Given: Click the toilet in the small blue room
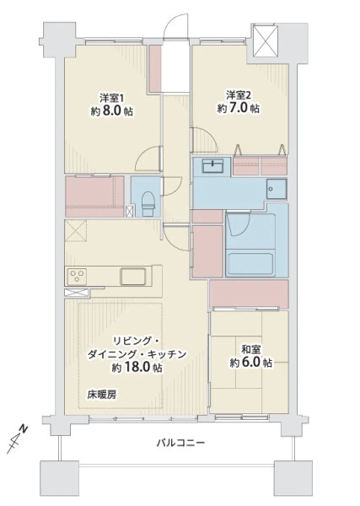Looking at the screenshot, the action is coord(148,204).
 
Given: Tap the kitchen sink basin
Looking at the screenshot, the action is coord(133,277).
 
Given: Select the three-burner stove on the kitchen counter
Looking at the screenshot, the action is coord(77,277).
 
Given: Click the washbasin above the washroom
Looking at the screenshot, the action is coord(212,166).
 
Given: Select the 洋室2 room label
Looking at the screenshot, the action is coord(239,94).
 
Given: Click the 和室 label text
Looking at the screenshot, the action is coord(251,349).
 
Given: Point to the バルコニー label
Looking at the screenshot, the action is coord(180,443).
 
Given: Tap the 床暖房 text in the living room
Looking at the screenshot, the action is coord(102,395).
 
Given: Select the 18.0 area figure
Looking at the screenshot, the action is coord(140,368).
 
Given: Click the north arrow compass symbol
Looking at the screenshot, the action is coord(17,439).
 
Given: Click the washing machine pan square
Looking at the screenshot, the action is coord(277,189).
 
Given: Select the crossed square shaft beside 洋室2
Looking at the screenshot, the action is coord(266,40).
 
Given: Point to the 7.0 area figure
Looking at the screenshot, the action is coord(239,108).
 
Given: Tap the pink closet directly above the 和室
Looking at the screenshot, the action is coord(249,293).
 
